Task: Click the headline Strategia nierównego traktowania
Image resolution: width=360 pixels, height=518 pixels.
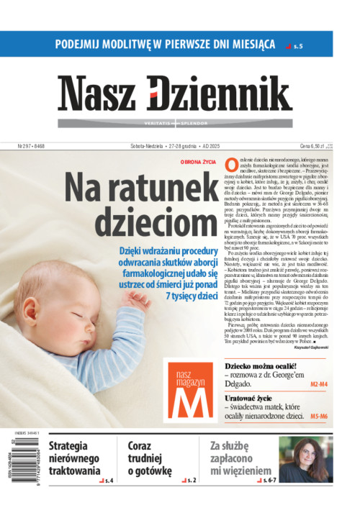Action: pos(74,458)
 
